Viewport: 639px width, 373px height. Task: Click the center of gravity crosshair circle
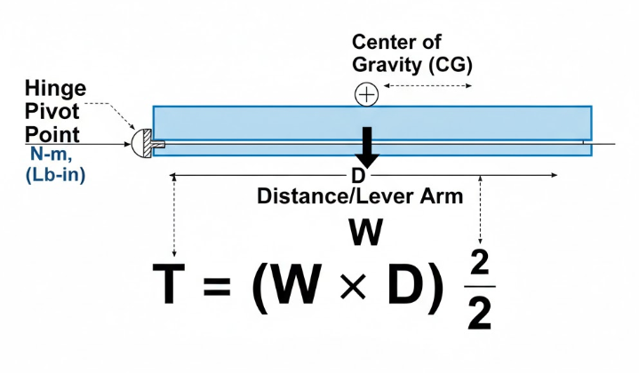click(366, 94)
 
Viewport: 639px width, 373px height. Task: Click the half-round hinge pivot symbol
click(141, 142)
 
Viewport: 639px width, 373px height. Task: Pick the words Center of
click(396, 42)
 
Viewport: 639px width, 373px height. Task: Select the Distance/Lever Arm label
click(360, 196)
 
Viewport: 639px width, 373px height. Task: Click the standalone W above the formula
click(366, 234)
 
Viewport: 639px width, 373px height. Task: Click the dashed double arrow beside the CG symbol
click(427, 87)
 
